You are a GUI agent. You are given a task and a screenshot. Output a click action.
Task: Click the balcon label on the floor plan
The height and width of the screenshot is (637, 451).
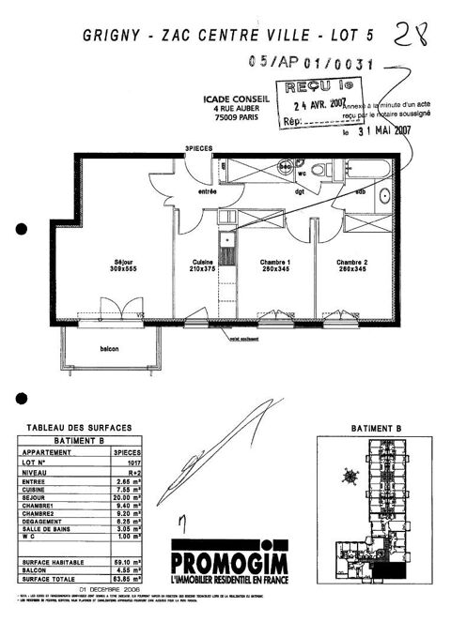coord(110,349)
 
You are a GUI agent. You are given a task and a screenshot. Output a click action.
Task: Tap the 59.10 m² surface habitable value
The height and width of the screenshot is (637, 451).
coord(125,562)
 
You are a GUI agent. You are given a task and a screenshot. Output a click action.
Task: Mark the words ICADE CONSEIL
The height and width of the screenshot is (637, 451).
coord(236,97)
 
